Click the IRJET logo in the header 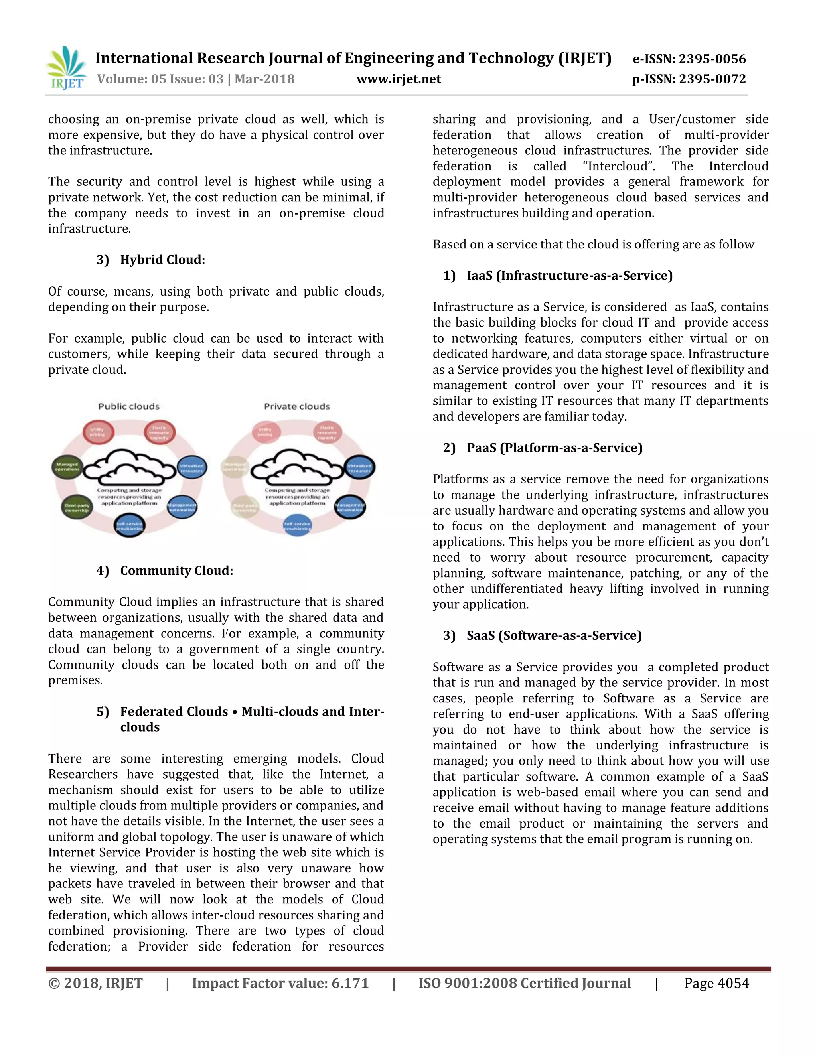tap(66, 68)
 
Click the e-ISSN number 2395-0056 tap(712, 59)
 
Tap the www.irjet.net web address tap(399, 79)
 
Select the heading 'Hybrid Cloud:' tap(163, 260)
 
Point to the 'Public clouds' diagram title tap(129, 406)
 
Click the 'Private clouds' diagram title tap(297, 406)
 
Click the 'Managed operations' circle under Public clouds tap(67, 467)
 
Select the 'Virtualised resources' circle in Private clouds tap(359, 468)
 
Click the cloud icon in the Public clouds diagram tap(129, 467)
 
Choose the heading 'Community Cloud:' tap(177, 571)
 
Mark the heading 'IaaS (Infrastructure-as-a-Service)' tap(569, 276)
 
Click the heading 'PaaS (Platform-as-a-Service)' tap(554, 448)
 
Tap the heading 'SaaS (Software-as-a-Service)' tap(554, 635)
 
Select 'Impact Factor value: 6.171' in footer tap(280, 983)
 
